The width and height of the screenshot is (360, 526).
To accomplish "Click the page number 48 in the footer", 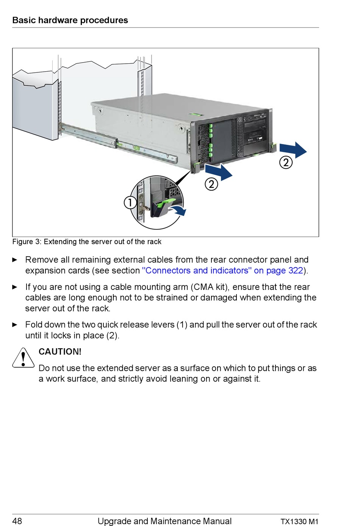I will [x=17, y=521].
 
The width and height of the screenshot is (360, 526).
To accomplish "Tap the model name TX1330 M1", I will [x=299, y=521].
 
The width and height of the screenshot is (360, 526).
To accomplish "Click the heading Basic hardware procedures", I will [x=70, y=20].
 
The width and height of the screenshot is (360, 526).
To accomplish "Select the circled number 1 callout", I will [x=130, y=202].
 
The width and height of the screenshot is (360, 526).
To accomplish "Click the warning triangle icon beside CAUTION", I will [x=23, y=358].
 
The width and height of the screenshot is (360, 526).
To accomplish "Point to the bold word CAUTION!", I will [x=60, y=352].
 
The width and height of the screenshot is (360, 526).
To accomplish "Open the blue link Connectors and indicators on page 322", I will [x=222, y=271].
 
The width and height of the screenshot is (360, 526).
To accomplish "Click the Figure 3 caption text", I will [x=87, y=242].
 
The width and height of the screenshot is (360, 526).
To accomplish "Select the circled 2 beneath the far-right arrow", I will [x=286, y=163].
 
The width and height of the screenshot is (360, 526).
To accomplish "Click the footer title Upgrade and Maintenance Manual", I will [x=164, y=521].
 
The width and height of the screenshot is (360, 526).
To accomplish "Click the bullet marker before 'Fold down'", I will [x=15, y=325].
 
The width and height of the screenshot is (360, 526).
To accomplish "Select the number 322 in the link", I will [x=296, y=271].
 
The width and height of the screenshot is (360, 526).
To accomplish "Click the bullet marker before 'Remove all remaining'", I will [x=15, y=260].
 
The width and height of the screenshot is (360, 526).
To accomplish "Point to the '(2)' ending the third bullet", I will [x=112, y=336].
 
